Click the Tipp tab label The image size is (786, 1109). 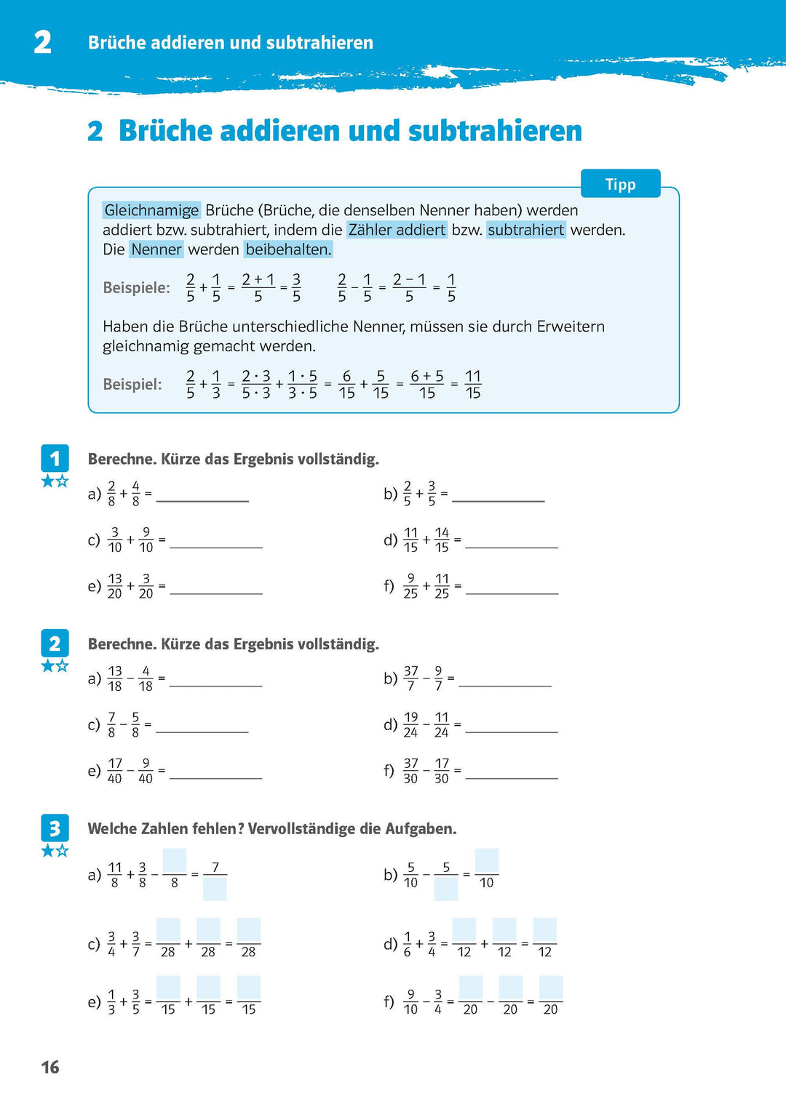tap(620, 184)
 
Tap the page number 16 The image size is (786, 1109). tap(50, 1067)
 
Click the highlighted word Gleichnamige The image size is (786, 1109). tap(151, 210)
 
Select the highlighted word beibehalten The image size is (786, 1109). tap(288, 249)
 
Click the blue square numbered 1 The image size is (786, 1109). tap(55, 458)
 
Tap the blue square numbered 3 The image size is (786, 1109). tap(55, 828)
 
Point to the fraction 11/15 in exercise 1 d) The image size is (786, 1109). tap(410, 540)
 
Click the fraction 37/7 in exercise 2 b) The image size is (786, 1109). tap(410, 678)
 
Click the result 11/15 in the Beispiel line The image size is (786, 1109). tap(473, 384)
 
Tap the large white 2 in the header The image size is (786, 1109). tap(43, 42)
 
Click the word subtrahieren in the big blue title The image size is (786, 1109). tap(495, 132)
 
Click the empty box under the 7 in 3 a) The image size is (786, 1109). tap(215, 889)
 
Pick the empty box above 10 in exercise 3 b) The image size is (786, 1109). tap(486, 860)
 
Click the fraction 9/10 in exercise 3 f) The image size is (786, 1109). tap(410, 1001)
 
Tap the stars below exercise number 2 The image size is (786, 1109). tap(55, 665)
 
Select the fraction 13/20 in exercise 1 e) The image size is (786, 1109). tap(115, 585)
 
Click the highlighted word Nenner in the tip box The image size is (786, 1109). tap(156, 249)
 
